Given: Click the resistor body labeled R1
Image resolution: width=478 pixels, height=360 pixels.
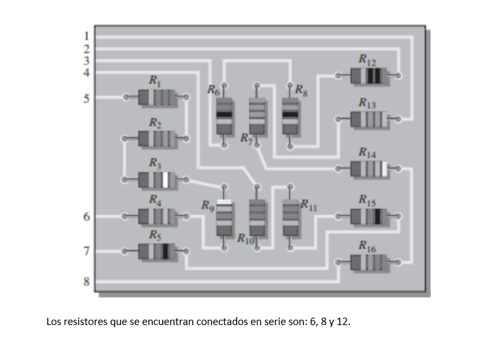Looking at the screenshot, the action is point(155,97).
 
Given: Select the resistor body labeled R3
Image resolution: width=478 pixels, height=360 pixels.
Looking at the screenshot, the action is point(155,179).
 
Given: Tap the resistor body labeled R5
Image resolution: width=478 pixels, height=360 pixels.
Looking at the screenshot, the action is point(155,252).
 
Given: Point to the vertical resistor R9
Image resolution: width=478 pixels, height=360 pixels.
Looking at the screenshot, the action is point(224,217).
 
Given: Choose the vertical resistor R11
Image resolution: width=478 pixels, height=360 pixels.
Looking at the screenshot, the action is point(290,217).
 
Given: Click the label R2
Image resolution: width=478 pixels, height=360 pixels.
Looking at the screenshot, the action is point(154,122).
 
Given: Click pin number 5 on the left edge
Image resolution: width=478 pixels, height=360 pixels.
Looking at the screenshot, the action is point(86,98).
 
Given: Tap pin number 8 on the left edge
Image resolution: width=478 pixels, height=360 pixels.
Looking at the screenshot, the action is point(86,281).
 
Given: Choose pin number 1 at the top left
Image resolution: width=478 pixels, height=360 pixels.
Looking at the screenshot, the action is point(86,35).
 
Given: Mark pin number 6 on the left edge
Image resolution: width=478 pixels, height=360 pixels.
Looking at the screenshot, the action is point(86,216).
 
